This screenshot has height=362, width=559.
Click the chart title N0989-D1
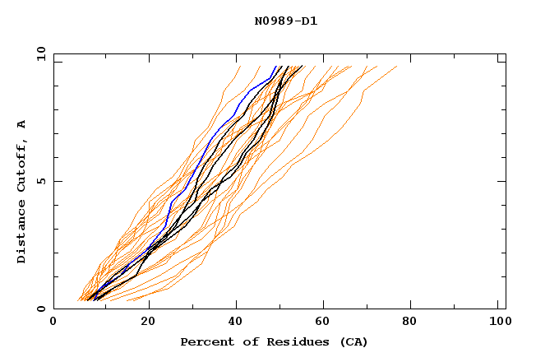tap(285, 21)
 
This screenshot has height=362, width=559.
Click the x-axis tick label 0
tap(53, 323)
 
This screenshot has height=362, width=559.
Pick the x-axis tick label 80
tap(409, 323)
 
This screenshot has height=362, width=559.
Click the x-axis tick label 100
tap(497, 323)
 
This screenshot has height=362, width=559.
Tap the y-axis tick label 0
tap(41, 309)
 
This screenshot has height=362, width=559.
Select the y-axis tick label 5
tap(41, 181)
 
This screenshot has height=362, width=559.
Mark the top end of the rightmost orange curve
tap(396, 67)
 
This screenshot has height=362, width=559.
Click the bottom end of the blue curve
tap(91, 299)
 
